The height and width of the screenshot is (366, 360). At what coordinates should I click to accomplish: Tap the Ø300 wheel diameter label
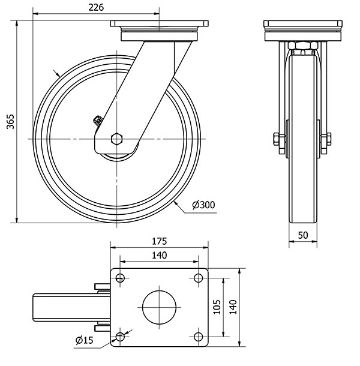[203, 205]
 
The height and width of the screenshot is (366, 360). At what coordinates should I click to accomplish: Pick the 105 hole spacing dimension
[217, 307]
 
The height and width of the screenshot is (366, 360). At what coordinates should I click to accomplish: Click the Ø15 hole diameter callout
[85, 341]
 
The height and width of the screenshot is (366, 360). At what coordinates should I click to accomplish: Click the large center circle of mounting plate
[159, 307]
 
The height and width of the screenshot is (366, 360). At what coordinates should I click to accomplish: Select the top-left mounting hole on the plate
[120, 278]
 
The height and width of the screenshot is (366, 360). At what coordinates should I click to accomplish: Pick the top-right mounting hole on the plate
[199, 278]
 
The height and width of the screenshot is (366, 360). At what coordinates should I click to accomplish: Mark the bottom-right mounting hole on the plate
[199, 337]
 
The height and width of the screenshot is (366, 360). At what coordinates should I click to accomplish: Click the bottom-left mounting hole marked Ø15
[120, 337]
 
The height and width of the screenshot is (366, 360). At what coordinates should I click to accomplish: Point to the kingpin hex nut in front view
[303, 46]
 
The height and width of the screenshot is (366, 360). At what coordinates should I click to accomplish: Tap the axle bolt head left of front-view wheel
[277, 140]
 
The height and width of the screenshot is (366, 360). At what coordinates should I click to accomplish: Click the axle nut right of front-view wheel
[328, 140]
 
